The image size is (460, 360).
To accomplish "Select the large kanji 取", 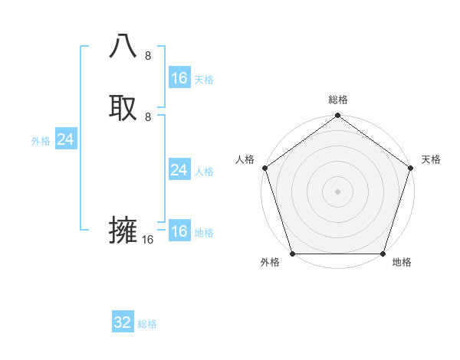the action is point(123,106).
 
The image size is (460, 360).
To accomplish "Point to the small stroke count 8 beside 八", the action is point(148,56).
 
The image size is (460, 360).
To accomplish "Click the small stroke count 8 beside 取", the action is point(148,116).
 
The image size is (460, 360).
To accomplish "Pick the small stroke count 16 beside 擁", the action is point(148,240).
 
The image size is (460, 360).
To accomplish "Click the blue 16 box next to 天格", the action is point(179,78).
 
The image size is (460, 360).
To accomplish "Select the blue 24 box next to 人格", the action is point(179,170).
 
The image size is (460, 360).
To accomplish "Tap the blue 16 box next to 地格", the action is point(179,231).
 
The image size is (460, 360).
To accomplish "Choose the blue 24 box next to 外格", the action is point(66,139).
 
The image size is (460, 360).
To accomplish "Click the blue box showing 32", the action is point(123,322).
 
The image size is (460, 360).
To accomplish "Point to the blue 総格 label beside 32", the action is point(147,324).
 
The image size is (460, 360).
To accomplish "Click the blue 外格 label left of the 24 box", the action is point(41,141).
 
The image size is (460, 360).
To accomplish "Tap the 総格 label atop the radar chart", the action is point(337,100).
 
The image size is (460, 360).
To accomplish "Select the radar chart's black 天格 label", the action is point(431,159).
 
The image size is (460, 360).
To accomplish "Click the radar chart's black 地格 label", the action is point(402,262).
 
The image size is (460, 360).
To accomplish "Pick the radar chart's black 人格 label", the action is point(245,159).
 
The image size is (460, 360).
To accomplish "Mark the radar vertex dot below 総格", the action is point(337,116).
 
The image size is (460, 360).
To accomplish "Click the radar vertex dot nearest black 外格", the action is point(292,254).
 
